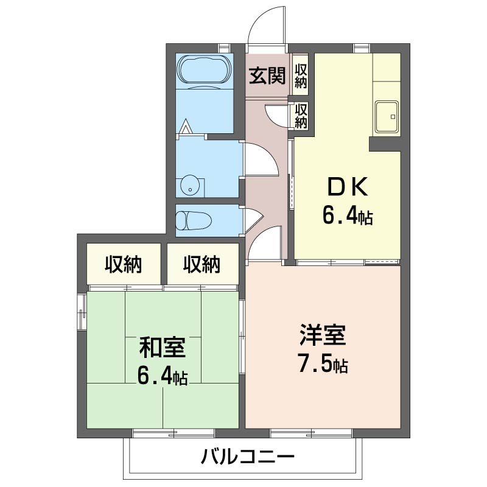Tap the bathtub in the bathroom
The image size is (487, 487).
click(204, 71)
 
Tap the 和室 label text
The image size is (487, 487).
click(162, 349)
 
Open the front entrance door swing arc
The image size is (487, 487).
click(267, 27)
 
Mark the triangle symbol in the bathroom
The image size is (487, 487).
click(187, 127)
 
